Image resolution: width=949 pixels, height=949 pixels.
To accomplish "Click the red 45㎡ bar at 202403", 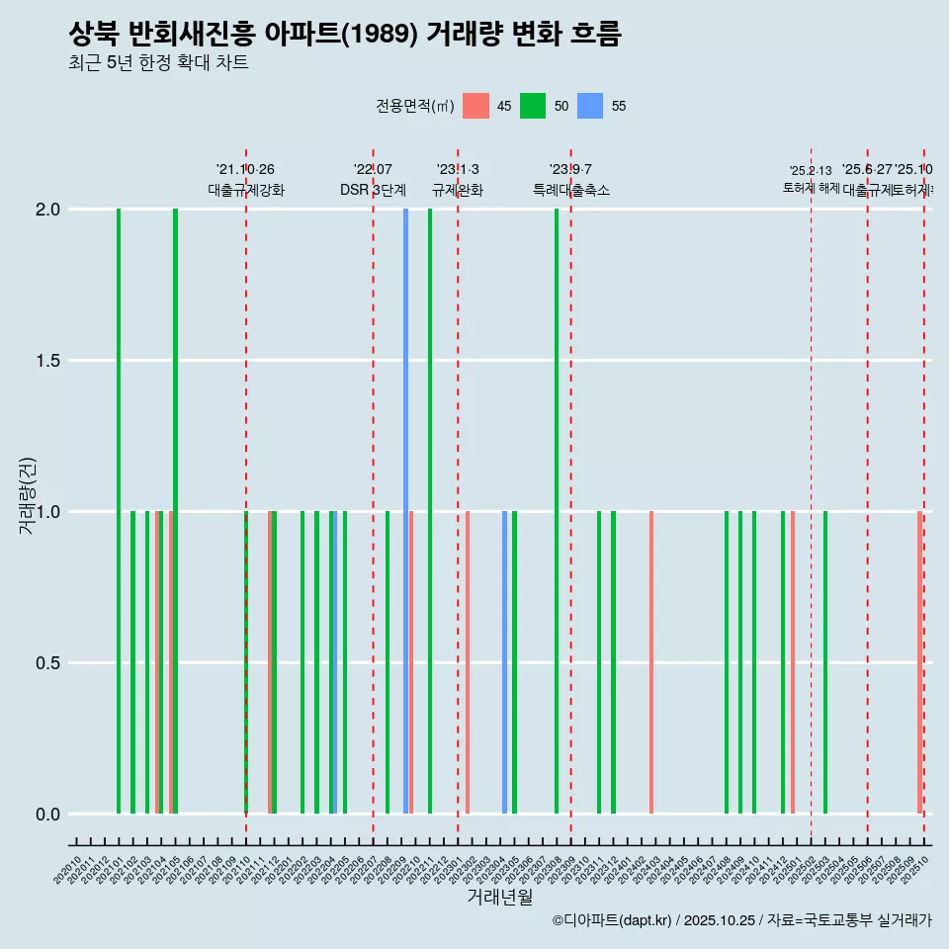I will coord(651,662).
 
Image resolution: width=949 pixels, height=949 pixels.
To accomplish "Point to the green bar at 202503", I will coord(825,662).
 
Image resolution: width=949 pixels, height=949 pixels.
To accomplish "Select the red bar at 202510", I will coord(919,662).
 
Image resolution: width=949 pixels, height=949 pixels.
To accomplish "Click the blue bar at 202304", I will coord(504,662).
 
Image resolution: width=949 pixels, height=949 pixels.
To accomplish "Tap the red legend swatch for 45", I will coord(476,106).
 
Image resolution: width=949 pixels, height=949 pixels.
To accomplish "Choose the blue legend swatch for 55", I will coord(590,106).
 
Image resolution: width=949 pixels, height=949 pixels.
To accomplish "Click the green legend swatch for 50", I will coord(533,106).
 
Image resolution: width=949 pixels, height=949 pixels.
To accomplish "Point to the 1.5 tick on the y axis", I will coord(46,361).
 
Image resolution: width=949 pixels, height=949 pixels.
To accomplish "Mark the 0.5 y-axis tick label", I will coord(46,663).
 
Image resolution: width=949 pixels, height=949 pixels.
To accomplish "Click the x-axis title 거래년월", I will coord(499,898).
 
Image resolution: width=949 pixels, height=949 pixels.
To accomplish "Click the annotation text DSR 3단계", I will coord(373,190).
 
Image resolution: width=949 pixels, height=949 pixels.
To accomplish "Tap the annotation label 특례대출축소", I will coord(570,190).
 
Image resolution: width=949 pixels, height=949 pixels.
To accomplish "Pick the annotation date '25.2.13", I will coord(811,171).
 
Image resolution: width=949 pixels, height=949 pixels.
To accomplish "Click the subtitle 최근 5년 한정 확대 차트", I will coord(158,63).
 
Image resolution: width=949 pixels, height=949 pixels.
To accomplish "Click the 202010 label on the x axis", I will coord(68,873).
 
